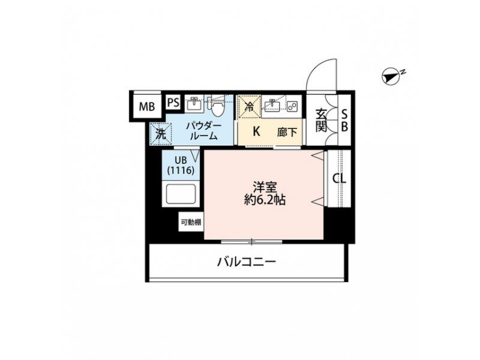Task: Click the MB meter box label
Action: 147,107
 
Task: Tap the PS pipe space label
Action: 173,102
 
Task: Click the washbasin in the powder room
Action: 194,103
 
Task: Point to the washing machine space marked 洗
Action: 161,134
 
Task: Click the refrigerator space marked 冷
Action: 250,106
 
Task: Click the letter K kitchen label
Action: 256,131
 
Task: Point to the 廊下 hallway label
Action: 287,132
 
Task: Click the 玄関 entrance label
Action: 321,121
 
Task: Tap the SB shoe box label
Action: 344,121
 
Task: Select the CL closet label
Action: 340,178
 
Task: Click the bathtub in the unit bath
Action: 181,193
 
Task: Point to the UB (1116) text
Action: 181,166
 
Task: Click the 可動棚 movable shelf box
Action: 191,222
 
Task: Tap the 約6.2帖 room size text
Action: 265,200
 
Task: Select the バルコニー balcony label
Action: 247,262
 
